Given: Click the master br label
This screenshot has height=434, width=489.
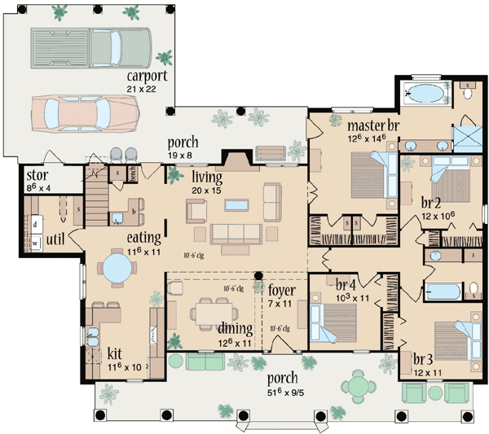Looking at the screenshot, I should [372, 126].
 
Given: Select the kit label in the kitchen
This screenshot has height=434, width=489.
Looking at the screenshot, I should [116, 354].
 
